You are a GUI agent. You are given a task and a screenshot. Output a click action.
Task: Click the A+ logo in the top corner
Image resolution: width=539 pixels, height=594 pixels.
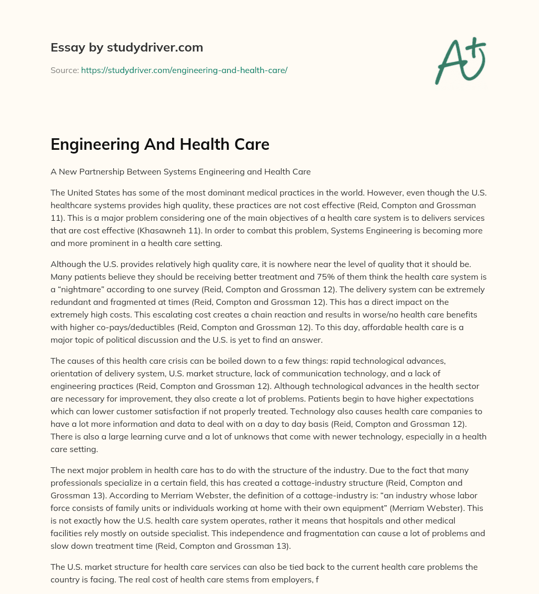(460, 61)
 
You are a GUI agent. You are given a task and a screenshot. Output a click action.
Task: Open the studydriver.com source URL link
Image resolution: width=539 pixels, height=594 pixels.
(184, 70)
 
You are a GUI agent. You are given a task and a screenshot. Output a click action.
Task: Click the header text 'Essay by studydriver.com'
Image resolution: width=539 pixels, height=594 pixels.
(127, 47)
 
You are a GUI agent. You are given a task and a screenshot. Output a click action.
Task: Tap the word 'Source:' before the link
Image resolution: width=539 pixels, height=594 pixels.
(64, 70)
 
